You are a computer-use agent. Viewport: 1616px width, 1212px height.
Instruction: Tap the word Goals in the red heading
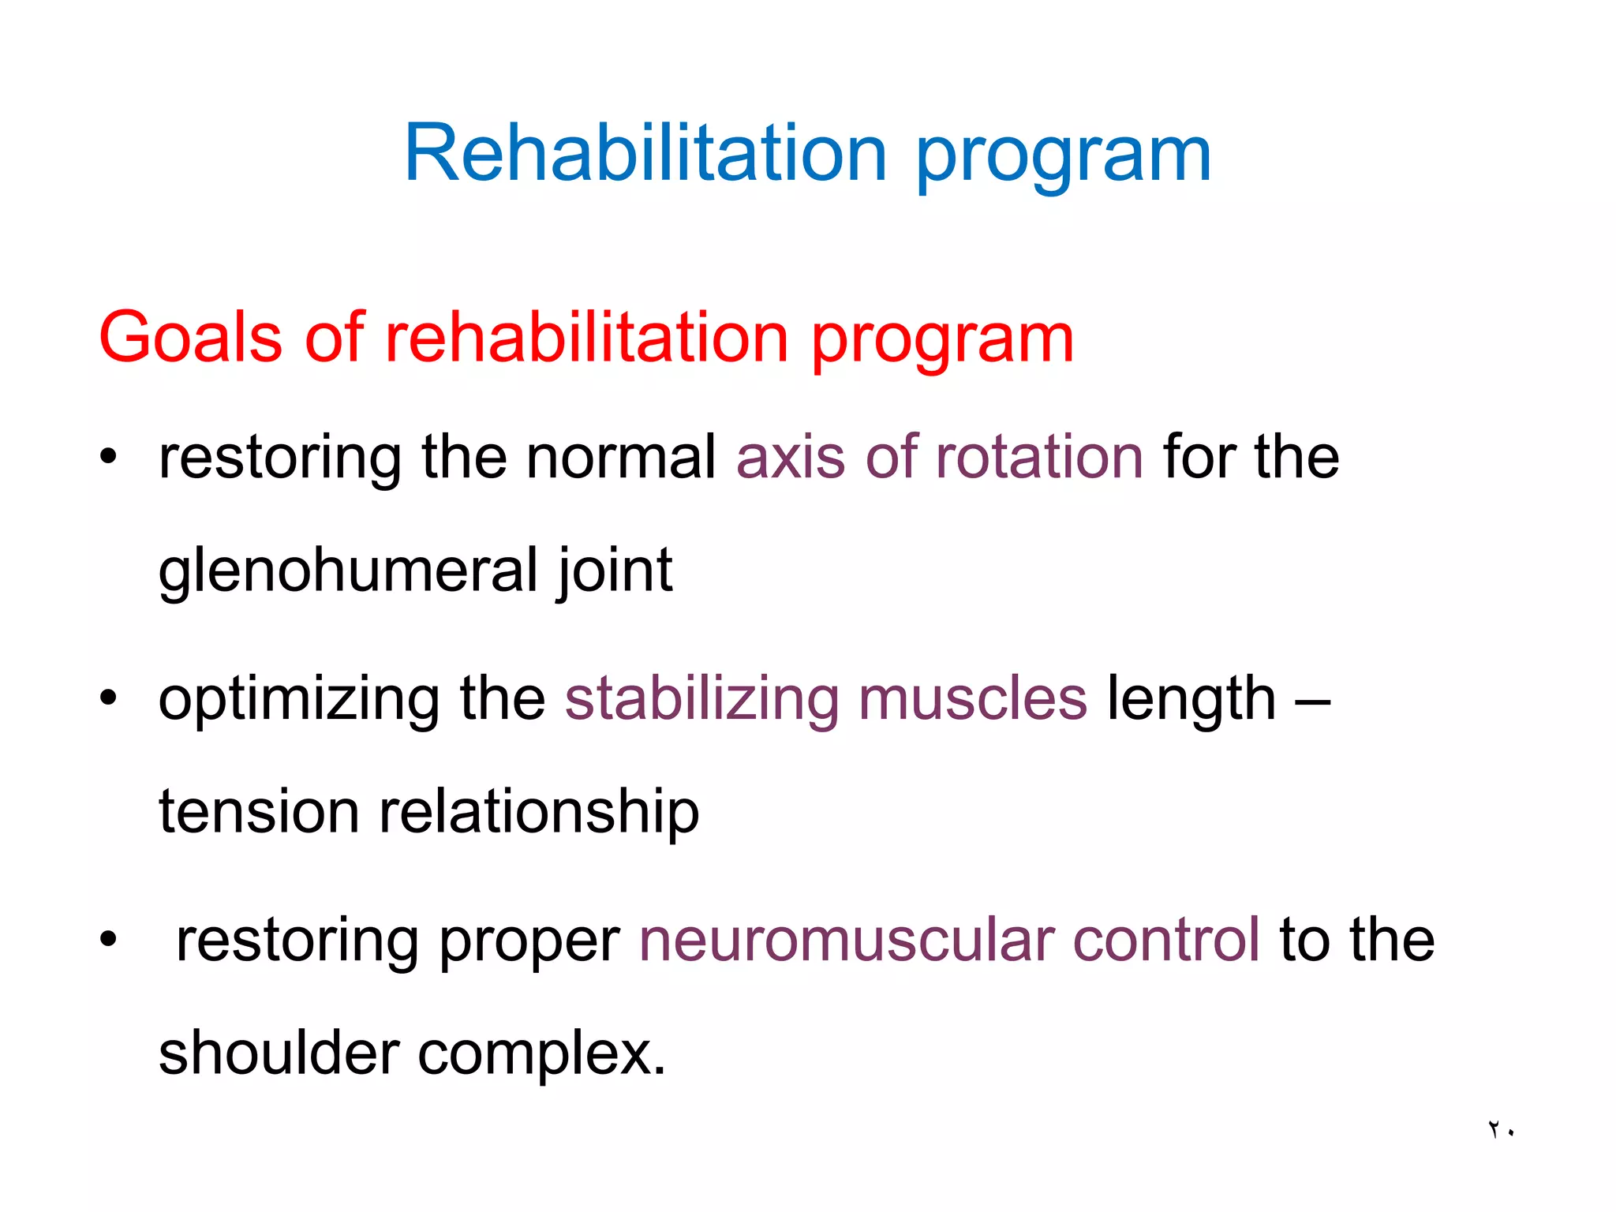click(x=190, y=338)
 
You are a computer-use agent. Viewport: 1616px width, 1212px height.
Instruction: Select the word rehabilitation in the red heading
click(x=586, y=338)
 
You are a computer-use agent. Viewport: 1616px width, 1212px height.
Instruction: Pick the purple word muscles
click(x=972, y=698)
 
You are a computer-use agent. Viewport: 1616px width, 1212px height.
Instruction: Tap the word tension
click(x=259, y=812)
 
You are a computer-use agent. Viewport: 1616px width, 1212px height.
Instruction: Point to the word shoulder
click(x=279, y=1053)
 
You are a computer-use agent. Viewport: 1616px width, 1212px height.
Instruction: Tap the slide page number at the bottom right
click(x=1501, y=1130)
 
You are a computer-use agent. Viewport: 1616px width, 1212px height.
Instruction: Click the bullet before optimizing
click(x=108, y=698)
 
